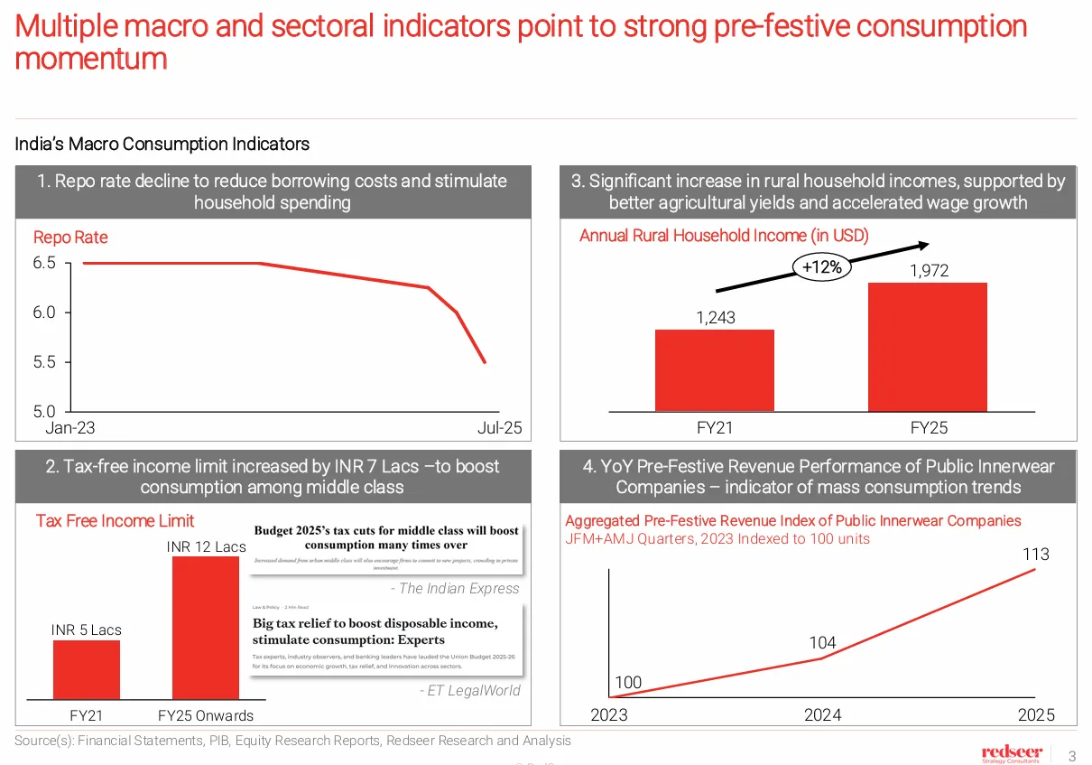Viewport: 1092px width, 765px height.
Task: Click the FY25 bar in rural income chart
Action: [x=927, y=348]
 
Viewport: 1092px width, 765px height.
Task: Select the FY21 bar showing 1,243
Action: [x=714, y=370]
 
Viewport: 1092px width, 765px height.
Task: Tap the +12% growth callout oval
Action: [x=821, y=266]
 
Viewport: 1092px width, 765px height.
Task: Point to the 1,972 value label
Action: [x=929, y=270]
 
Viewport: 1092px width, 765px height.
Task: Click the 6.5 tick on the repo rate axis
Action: [x=45, y=263]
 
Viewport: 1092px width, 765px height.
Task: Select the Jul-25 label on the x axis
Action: [x=499, y=428]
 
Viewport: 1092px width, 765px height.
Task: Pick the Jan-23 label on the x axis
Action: [x=70, y=428]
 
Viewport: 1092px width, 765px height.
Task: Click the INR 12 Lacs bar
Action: [x=206, y=628]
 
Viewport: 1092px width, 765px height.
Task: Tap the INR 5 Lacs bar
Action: [x=86, y=669]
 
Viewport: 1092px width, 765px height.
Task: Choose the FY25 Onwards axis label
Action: [x=206, y=715]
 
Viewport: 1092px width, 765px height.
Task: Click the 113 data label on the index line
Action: [x=1035, y=555]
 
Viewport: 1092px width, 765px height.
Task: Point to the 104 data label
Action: [x=822, y=643]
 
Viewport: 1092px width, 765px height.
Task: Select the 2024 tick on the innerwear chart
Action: [x=822, y=715]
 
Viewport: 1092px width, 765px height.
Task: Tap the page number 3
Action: [x=1072, y=755]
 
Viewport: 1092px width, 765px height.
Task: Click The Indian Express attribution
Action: [x=455, y=589]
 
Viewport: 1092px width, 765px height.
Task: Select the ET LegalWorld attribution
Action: [x=469, y=691]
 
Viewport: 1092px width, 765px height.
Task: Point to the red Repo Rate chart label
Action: [x=70, y=238]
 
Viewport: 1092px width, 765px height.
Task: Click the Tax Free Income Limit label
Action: [x=115, y=521]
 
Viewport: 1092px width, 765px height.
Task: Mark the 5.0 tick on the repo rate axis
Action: [x=45, y=411]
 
